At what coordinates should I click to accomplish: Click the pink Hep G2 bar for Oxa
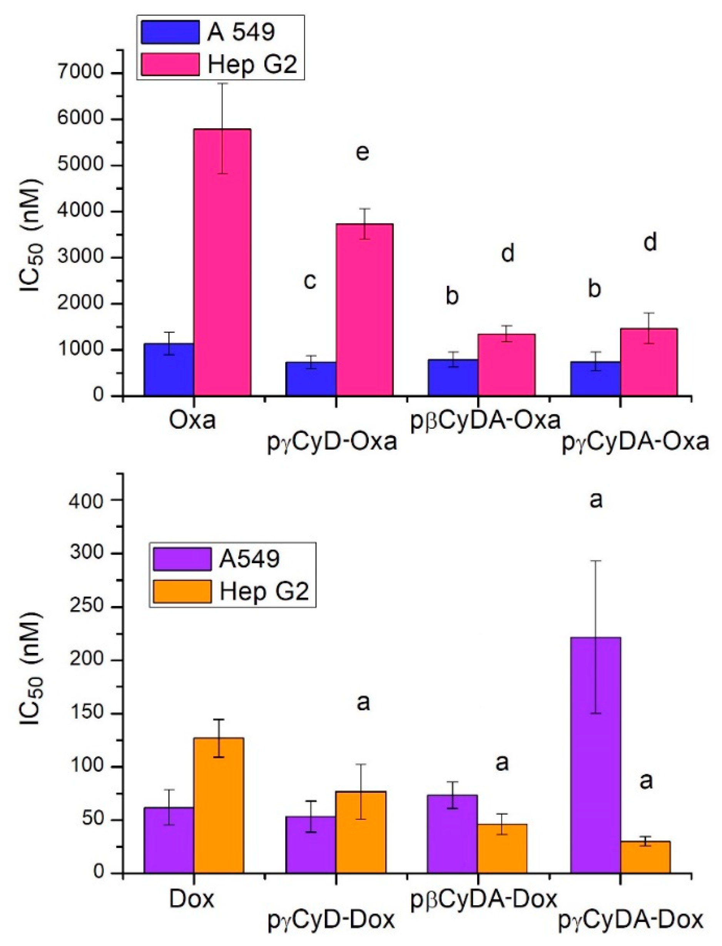click(222, 262)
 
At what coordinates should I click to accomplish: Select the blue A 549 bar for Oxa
click(169, 369)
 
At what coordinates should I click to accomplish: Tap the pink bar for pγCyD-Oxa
click(364, 309)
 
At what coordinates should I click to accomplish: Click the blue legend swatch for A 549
click(170, 32)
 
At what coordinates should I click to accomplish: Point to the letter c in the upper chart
click(310, 281)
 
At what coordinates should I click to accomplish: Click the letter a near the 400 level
click(596, 500)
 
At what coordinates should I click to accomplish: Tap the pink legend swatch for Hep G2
click(170, 64)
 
